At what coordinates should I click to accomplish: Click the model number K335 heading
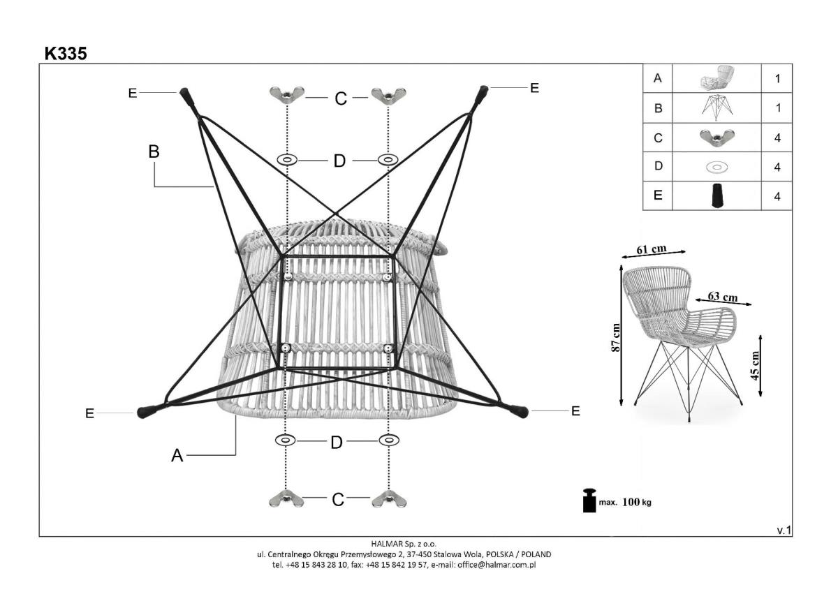66,53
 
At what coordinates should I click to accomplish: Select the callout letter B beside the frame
154,151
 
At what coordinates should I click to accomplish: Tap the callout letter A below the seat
177,455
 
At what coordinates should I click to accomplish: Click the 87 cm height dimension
615,337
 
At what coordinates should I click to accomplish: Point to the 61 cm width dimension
651,250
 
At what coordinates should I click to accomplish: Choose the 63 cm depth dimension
723,297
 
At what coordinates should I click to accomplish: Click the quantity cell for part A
777,78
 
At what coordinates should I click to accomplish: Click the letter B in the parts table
657,108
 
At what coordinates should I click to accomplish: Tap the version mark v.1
784,531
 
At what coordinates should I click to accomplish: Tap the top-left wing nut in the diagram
286,95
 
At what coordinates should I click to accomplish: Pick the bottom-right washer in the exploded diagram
388,440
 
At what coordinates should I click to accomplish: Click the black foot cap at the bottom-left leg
147,411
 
